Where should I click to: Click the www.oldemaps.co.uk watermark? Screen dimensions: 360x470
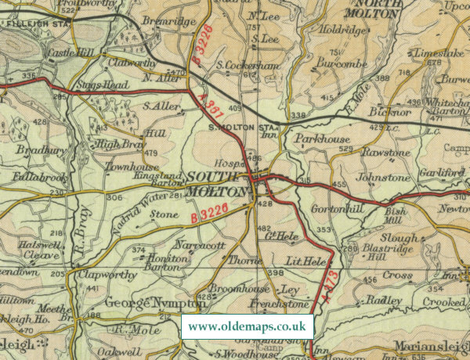pos(247,326)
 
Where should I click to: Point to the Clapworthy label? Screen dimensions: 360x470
pos(101,275)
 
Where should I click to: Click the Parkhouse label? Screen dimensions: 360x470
pos(321,139)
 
